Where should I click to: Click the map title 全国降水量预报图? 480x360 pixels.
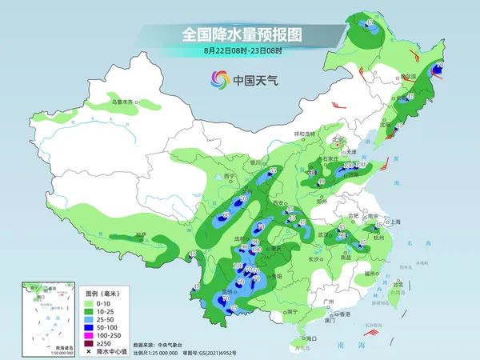pyautogui.click(x=239, y=35)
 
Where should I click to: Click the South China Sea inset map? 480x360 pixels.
pyautogui.click(x=43, y=316)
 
